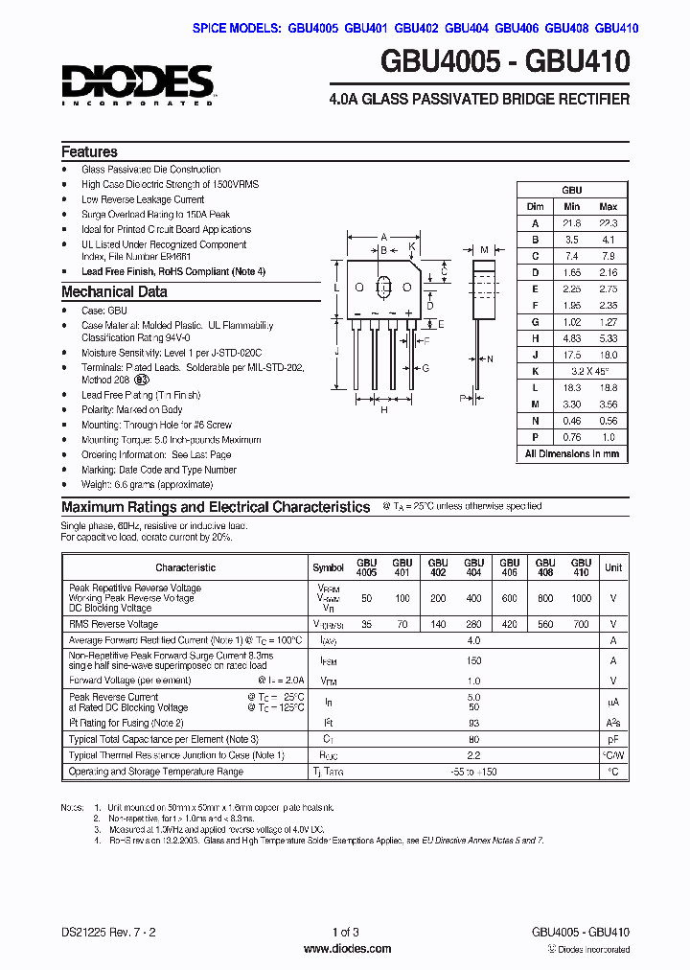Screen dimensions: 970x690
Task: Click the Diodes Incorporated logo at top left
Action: (x=137, y=84)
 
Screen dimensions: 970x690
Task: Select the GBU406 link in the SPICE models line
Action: (x=517, y=29)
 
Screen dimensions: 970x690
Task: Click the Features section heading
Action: (x=89, y=151)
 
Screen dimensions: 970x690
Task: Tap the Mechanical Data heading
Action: (x=114, y=291)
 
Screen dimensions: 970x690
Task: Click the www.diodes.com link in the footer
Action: (x=346, y=949)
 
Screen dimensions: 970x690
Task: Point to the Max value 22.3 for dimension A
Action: (x=608, y=222)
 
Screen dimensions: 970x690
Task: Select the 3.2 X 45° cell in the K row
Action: (x=589, y=371)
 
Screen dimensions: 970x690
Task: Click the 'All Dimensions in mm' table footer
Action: (x=571, y=453)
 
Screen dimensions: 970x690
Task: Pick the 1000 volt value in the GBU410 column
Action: (x=580, y=597)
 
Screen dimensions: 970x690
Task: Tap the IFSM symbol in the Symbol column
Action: (x=328, y=660)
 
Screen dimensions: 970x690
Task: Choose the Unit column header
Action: (x=613, y=567)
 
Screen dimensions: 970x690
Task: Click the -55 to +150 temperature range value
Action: (x=472, y=772)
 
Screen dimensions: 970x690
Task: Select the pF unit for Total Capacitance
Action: (x=613, y=739)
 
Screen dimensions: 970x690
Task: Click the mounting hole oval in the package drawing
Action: (x=384, y=287)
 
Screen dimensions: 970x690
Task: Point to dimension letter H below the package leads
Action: (x=384, y=410)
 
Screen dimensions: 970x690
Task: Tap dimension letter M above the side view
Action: (x=486, y=247)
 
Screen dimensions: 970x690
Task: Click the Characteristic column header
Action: (x=185, y=567)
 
